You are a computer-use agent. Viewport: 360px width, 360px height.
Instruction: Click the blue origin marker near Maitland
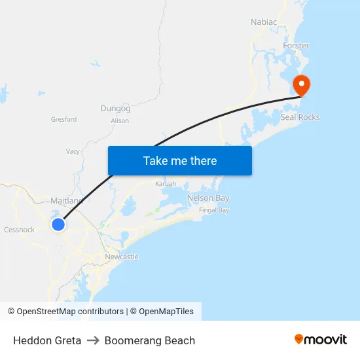[58, 225]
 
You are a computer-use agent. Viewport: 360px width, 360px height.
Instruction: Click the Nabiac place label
[264, 22]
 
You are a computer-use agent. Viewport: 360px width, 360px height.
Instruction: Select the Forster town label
[296, 46]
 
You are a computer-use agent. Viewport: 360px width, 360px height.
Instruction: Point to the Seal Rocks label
[300, 117]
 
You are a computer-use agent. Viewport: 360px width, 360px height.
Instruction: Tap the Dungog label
[115, 108]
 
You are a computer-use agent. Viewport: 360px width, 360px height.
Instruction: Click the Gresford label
[64, 119]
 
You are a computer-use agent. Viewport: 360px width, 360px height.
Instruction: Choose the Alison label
[120, 120]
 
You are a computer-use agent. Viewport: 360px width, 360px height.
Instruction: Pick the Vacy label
[73, 151]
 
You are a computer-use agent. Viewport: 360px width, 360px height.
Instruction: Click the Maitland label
[66, 200]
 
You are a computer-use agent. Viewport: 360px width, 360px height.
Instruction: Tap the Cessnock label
[19, 230]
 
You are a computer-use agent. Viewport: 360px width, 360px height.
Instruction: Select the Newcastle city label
[122, 257]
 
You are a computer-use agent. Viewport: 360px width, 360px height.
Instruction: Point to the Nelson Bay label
[208, 198]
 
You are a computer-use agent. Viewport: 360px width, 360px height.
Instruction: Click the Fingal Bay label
[214, 210]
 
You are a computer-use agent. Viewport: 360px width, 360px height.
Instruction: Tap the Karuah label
[166, 184]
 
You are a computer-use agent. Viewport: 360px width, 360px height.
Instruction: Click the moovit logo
[321, 339]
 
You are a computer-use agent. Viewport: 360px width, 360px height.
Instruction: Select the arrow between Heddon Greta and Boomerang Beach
[93, 340]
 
